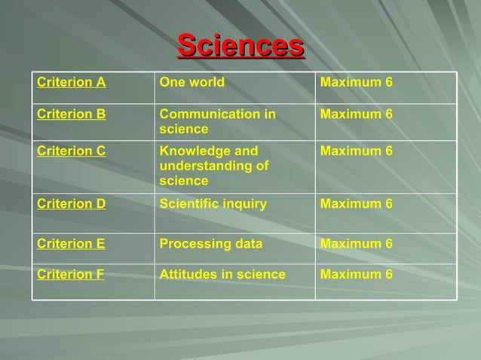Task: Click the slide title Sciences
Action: tap(240, 45)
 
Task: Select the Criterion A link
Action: tap(71, 82)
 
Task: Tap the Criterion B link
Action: tap(71, 114)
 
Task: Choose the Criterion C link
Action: tap(71, 151)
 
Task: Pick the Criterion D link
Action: tap(71, 203)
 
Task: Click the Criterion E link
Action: tap(71, 243)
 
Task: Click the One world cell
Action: tap(191, 82)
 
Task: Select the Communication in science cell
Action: tap(217, 122)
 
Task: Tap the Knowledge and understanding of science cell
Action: tap(214, 166)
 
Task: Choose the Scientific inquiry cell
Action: tap(213, 203)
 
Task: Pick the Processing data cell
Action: tap(210, 243)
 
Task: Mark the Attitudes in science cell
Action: tap(222, 274)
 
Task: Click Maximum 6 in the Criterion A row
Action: tap(356, 82)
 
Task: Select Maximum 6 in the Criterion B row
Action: tap(356, 114)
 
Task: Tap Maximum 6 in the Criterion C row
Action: tap(356, 151)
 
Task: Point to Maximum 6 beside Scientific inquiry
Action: tap(356, 203)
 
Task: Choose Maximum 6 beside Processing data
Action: tap(356, 243)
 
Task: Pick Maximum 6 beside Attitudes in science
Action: tap(356, 274)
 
